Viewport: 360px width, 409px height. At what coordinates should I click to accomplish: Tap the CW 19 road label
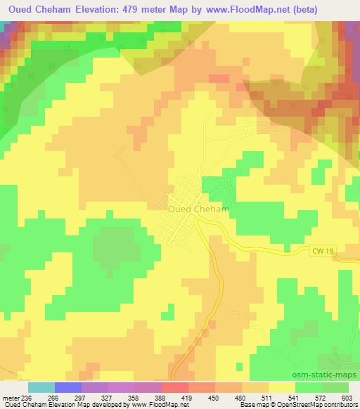coord(319,249)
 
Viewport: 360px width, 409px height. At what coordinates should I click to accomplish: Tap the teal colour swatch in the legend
coord(41,387)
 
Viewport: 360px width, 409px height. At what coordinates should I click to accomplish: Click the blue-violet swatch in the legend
coord(67,387)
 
